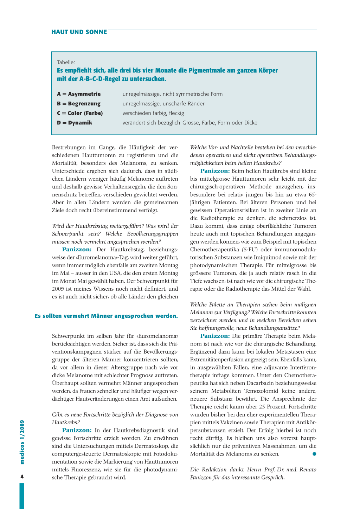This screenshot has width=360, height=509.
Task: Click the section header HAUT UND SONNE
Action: tap(79, 32)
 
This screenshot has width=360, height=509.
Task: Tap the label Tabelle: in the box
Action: tap(66, 62)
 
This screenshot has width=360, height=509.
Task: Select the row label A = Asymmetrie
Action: tap(79, 94)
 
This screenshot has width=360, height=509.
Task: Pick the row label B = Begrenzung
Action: tap(79, 104)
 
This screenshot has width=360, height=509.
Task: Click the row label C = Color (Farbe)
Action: tap(80, 113)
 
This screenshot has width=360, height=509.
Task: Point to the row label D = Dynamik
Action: tap(75, 123)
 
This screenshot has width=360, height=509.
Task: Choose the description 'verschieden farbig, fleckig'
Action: tap(153, 113)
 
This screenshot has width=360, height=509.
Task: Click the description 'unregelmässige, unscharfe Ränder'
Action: tap(163, 104)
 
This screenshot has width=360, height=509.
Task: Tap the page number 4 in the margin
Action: tap(22, 477)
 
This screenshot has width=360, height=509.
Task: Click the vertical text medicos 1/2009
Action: tap(22, 442)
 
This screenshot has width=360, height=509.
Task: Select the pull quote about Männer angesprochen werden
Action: tap(106, 316)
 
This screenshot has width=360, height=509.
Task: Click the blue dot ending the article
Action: tap(314, 454)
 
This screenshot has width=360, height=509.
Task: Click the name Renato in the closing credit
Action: tap(307, 470)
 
